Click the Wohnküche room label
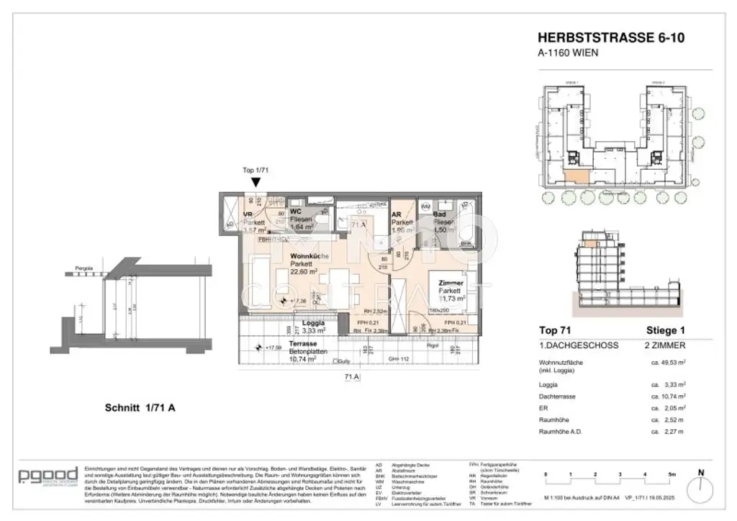tap(309, 256)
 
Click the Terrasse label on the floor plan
tap(304, 345)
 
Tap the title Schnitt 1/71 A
tap(137, 408)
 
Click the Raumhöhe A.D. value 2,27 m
tap(666, 431)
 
